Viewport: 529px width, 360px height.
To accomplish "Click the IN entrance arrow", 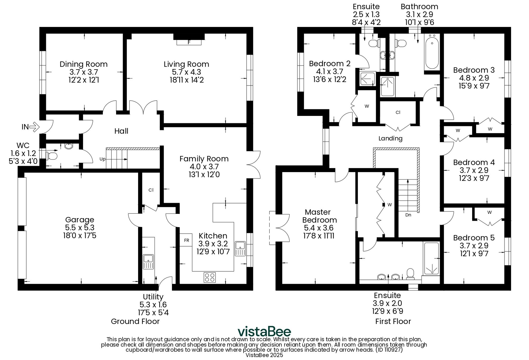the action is point(34,127).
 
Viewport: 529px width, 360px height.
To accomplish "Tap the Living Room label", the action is point(186,64).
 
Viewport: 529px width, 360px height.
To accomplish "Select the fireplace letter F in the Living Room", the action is point(189,42).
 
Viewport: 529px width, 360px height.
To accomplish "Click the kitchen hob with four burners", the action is point(209,277).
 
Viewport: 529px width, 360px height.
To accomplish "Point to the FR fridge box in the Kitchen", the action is point(186,240).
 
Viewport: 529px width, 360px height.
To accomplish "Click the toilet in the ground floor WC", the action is point(52,156).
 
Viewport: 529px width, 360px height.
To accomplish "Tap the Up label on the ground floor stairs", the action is point(102,159).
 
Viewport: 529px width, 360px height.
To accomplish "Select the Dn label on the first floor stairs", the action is point(408,215).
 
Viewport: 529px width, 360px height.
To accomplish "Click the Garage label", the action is point(80,220).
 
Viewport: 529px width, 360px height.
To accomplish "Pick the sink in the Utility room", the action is point(148,262).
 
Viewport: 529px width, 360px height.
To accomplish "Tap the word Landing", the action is point(390,138).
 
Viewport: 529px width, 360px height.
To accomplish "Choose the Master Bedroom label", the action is point(319,216).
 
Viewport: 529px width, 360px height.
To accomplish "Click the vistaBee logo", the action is point(264,331).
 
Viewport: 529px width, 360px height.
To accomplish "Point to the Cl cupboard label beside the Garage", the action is point(151,190).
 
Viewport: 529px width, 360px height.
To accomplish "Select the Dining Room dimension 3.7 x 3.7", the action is point(84,72).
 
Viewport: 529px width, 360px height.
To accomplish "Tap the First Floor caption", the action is point(393,321).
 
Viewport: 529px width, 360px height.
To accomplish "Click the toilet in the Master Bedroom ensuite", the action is point(410,274).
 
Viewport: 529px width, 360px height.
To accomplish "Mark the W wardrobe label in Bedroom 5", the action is point(490,212).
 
